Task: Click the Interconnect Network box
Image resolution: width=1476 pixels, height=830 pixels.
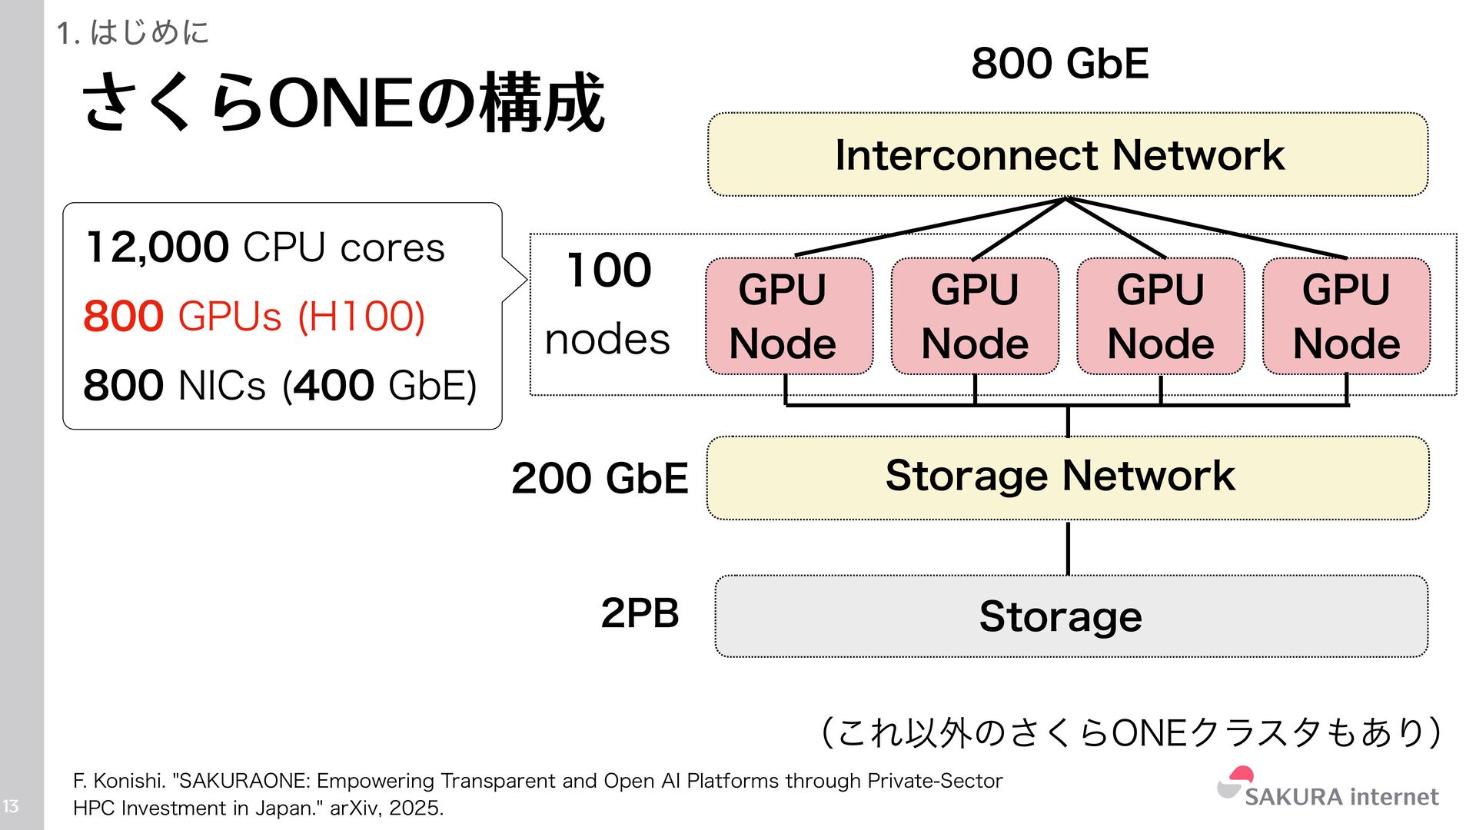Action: [x=1067, y=154]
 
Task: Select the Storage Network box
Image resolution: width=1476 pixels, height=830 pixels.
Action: [x=1067, y=477]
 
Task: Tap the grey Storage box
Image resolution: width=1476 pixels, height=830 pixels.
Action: [x=1070, y=616]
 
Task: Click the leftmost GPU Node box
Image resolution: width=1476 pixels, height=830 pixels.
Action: [x=789, y=316]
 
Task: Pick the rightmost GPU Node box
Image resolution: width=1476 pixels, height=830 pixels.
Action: [x=1346, y=316]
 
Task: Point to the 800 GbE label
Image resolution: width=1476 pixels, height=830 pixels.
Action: [x=1059, y=63]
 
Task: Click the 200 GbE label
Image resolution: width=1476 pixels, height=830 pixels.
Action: [x=600, y=478]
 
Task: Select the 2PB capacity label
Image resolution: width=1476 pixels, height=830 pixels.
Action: [x=640, y=613]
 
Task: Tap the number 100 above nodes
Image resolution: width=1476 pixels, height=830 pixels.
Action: [x=609, y=271]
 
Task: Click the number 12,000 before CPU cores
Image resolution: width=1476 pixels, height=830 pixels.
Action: [x=157, y=247]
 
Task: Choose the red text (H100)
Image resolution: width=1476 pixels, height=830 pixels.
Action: [x=361, y=316]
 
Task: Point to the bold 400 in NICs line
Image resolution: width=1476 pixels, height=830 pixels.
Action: [x=334, y=385]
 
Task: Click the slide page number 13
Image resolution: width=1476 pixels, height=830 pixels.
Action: [x=11, y=806]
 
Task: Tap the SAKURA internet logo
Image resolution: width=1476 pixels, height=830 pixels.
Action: [x=1328, y=789]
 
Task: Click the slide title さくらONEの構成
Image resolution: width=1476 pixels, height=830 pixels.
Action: [x=343, y=104]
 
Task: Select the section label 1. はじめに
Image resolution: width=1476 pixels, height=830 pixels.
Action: [x=132, y=33]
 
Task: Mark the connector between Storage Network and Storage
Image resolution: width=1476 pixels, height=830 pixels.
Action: [x=1068, y=547]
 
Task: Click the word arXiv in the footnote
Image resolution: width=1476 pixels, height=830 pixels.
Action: [x=354, y=808]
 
